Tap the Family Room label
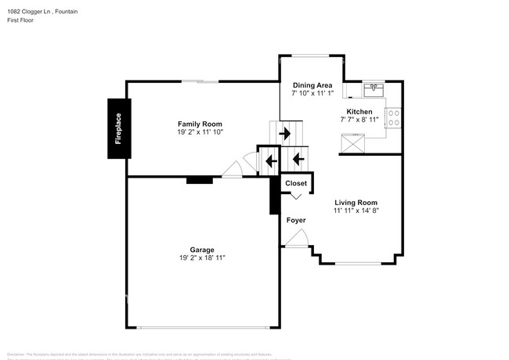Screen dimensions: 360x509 point(200,124)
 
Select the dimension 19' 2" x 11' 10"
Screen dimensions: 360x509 point(200,133)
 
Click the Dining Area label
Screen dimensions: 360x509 point(312,85)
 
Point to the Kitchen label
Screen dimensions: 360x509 point(359,111)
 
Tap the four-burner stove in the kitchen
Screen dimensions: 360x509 point(395,118)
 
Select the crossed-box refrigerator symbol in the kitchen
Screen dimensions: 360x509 point(354,143)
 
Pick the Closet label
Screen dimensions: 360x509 point(296,183)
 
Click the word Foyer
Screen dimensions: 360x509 point(296,221)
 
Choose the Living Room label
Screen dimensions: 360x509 point(356,202)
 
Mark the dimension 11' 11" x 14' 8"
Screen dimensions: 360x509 point(356,211)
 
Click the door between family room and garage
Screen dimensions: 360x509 point(233,169)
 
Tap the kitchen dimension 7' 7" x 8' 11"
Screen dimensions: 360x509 point(359,120)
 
